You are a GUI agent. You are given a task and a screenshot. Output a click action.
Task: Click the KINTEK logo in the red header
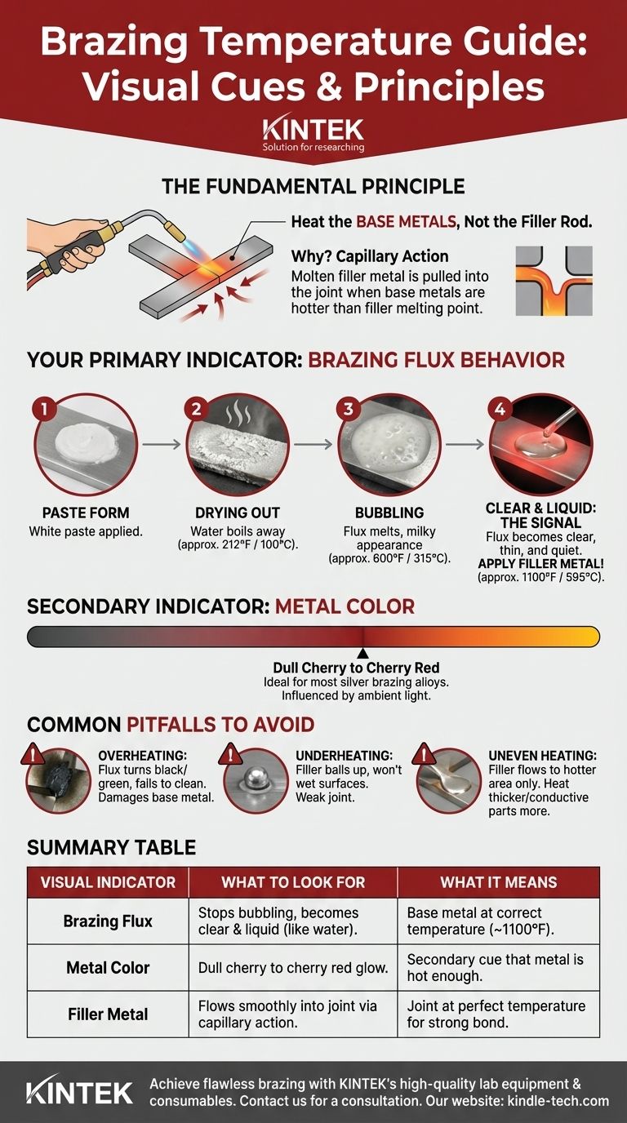click(313, 134)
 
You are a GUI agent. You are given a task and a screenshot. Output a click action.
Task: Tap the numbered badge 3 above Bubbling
click(348, 409)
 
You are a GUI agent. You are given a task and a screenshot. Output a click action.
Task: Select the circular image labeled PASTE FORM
click(86, 445)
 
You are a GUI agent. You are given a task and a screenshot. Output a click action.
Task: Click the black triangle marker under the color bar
click(363, 653)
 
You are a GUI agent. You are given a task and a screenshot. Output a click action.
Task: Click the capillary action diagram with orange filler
click(554, 281)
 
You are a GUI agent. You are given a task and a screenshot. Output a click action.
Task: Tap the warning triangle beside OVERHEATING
click(33, 753)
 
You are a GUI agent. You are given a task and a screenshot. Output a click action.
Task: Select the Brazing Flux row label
click(108, 921)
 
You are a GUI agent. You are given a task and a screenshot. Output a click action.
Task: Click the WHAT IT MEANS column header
click(499, 882)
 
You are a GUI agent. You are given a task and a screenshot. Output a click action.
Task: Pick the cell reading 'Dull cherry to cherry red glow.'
click(293, 968)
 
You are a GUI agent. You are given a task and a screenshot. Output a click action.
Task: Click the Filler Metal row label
click(108, 1014)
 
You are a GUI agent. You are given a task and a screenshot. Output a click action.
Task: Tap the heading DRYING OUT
click(238, 513)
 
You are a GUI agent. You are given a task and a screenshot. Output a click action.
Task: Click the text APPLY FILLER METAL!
click(540, 563)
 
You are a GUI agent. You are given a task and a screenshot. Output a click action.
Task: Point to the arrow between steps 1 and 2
click(161, 444)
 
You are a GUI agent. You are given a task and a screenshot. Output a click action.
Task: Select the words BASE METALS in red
click(407, 222)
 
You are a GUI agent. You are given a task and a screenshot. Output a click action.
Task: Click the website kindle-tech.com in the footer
click(558, 1102)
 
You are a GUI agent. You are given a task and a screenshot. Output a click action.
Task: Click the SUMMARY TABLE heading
click(111, 847)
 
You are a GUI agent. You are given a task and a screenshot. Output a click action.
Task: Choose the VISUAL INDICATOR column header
click(108, 882)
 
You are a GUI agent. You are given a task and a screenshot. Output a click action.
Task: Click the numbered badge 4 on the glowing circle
click(500, 409)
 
